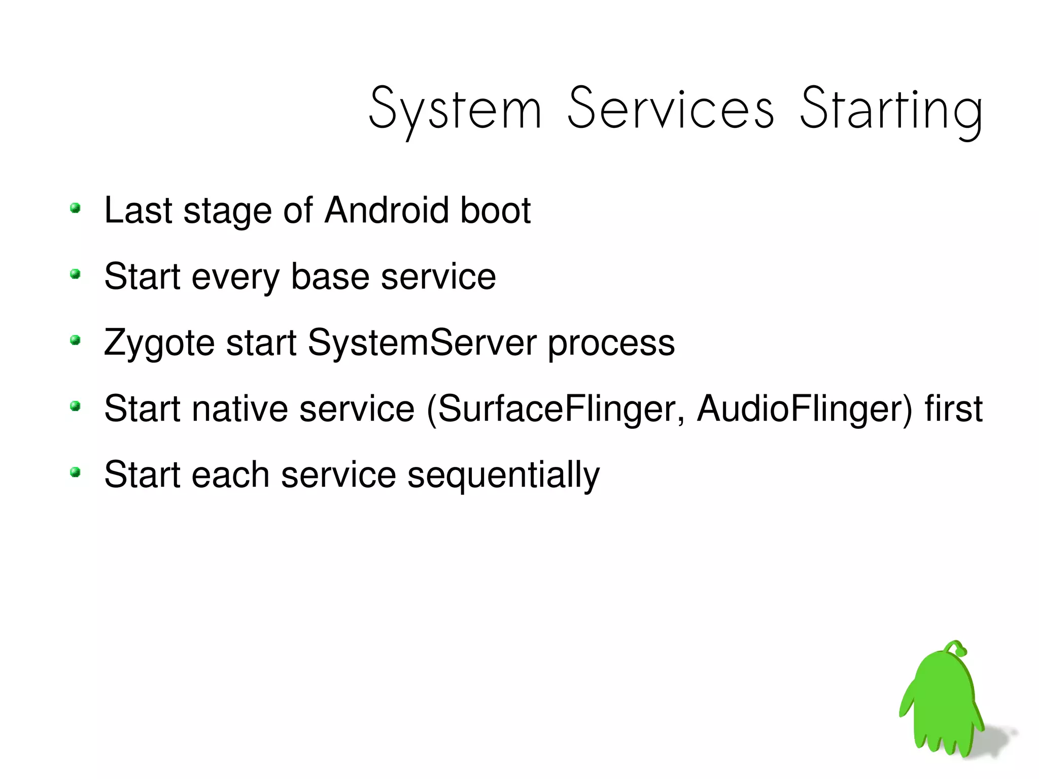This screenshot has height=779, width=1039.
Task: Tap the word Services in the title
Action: pyautogui.click(x=671, y=109)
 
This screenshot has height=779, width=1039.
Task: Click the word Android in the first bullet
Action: pyautogui.click(x=387, y=210)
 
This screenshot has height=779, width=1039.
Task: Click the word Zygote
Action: pyautogui.click(x=159, y=343)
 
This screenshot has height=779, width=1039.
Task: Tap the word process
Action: pyautogui.click(x=611, y=343)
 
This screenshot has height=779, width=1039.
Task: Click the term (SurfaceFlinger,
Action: pyautogui.click(x=556, y=409)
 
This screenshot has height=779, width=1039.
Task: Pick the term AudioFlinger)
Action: pyautogui.click(x=805, y=409)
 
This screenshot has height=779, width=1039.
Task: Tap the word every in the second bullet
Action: pyautogui.click(x=235, y=277)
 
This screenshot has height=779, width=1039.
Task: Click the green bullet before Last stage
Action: pyautogui.click(x=75, y=208)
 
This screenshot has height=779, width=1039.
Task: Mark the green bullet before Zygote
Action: pyautogui.click(x=75, y=340)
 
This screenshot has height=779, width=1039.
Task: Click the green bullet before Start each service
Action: pyautogui.click(x=75, y=472)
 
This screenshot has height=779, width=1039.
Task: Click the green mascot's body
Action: pyautogui.click(x=942, y=705)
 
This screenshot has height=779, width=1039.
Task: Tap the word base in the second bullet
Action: pyautogui.click(x=330, y=277)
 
